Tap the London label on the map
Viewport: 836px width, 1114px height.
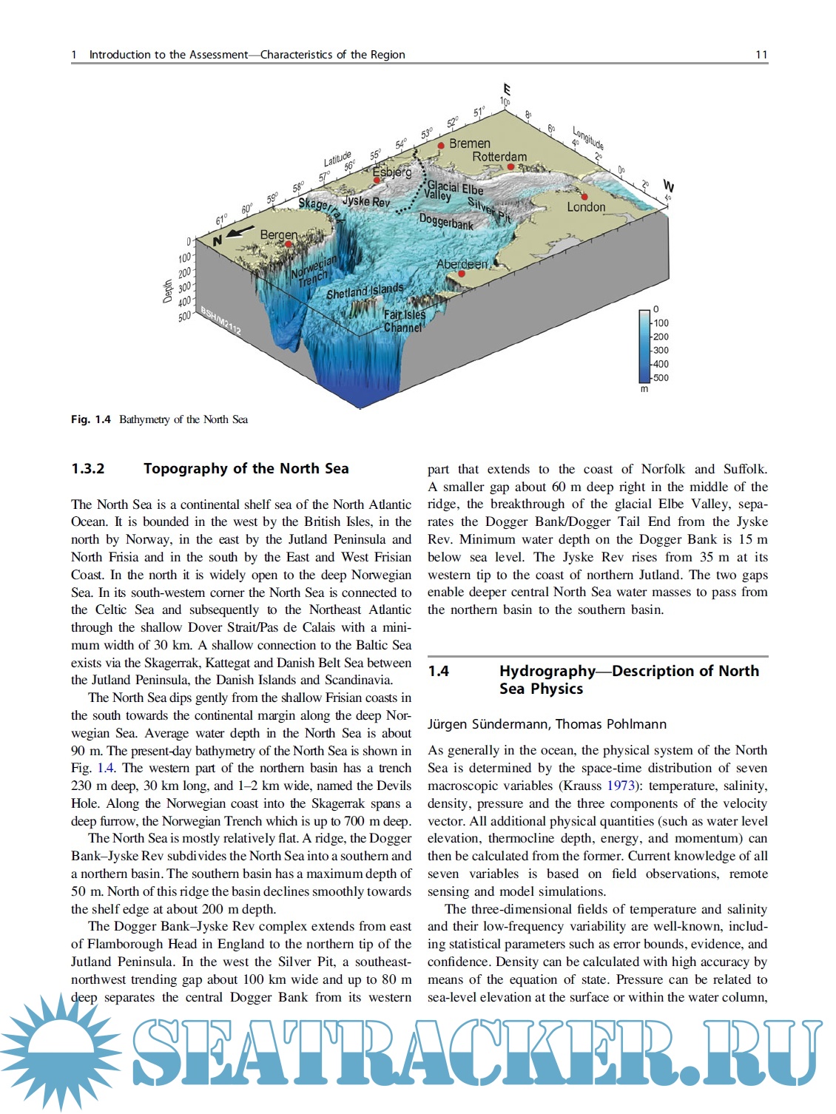pyautogui.click(x=586, y=207)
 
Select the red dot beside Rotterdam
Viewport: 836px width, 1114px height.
pyautogui.click(x=510, y=166)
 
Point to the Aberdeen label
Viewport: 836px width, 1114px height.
pyautogui.click(x=462, y=264)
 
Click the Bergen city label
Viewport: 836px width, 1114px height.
pyautogui.click(x=278, y=235)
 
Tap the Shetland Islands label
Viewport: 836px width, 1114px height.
pyautogui.click(x=365, y=291)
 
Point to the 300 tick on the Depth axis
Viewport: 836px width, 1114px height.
pyautogui.click(x=184, y=286)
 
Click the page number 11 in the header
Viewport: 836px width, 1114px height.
pyautogui.click(x=761, y=54)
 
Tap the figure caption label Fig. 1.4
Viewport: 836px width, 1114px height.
pyautogui.click(x=91, y=419)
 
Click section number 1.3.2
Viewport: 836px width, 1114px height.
pyautogui.click(x=88, y=468)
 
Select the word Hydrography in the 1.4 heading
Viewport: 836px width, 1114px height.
pyautogui.click(x=547, y=671)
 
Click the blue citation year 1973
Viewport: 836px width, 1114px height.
pyautogui.click(x=621, y=786)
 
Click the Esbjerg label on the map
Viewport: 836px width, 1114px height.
pyautogui.click(x=391, y=172)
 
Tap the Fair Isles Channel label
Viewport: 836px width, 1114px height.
pyautogui.click(x=404, y=320)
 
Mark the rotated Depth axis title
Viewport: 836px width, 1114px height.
pyautogui.click(x=168, y=291)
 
